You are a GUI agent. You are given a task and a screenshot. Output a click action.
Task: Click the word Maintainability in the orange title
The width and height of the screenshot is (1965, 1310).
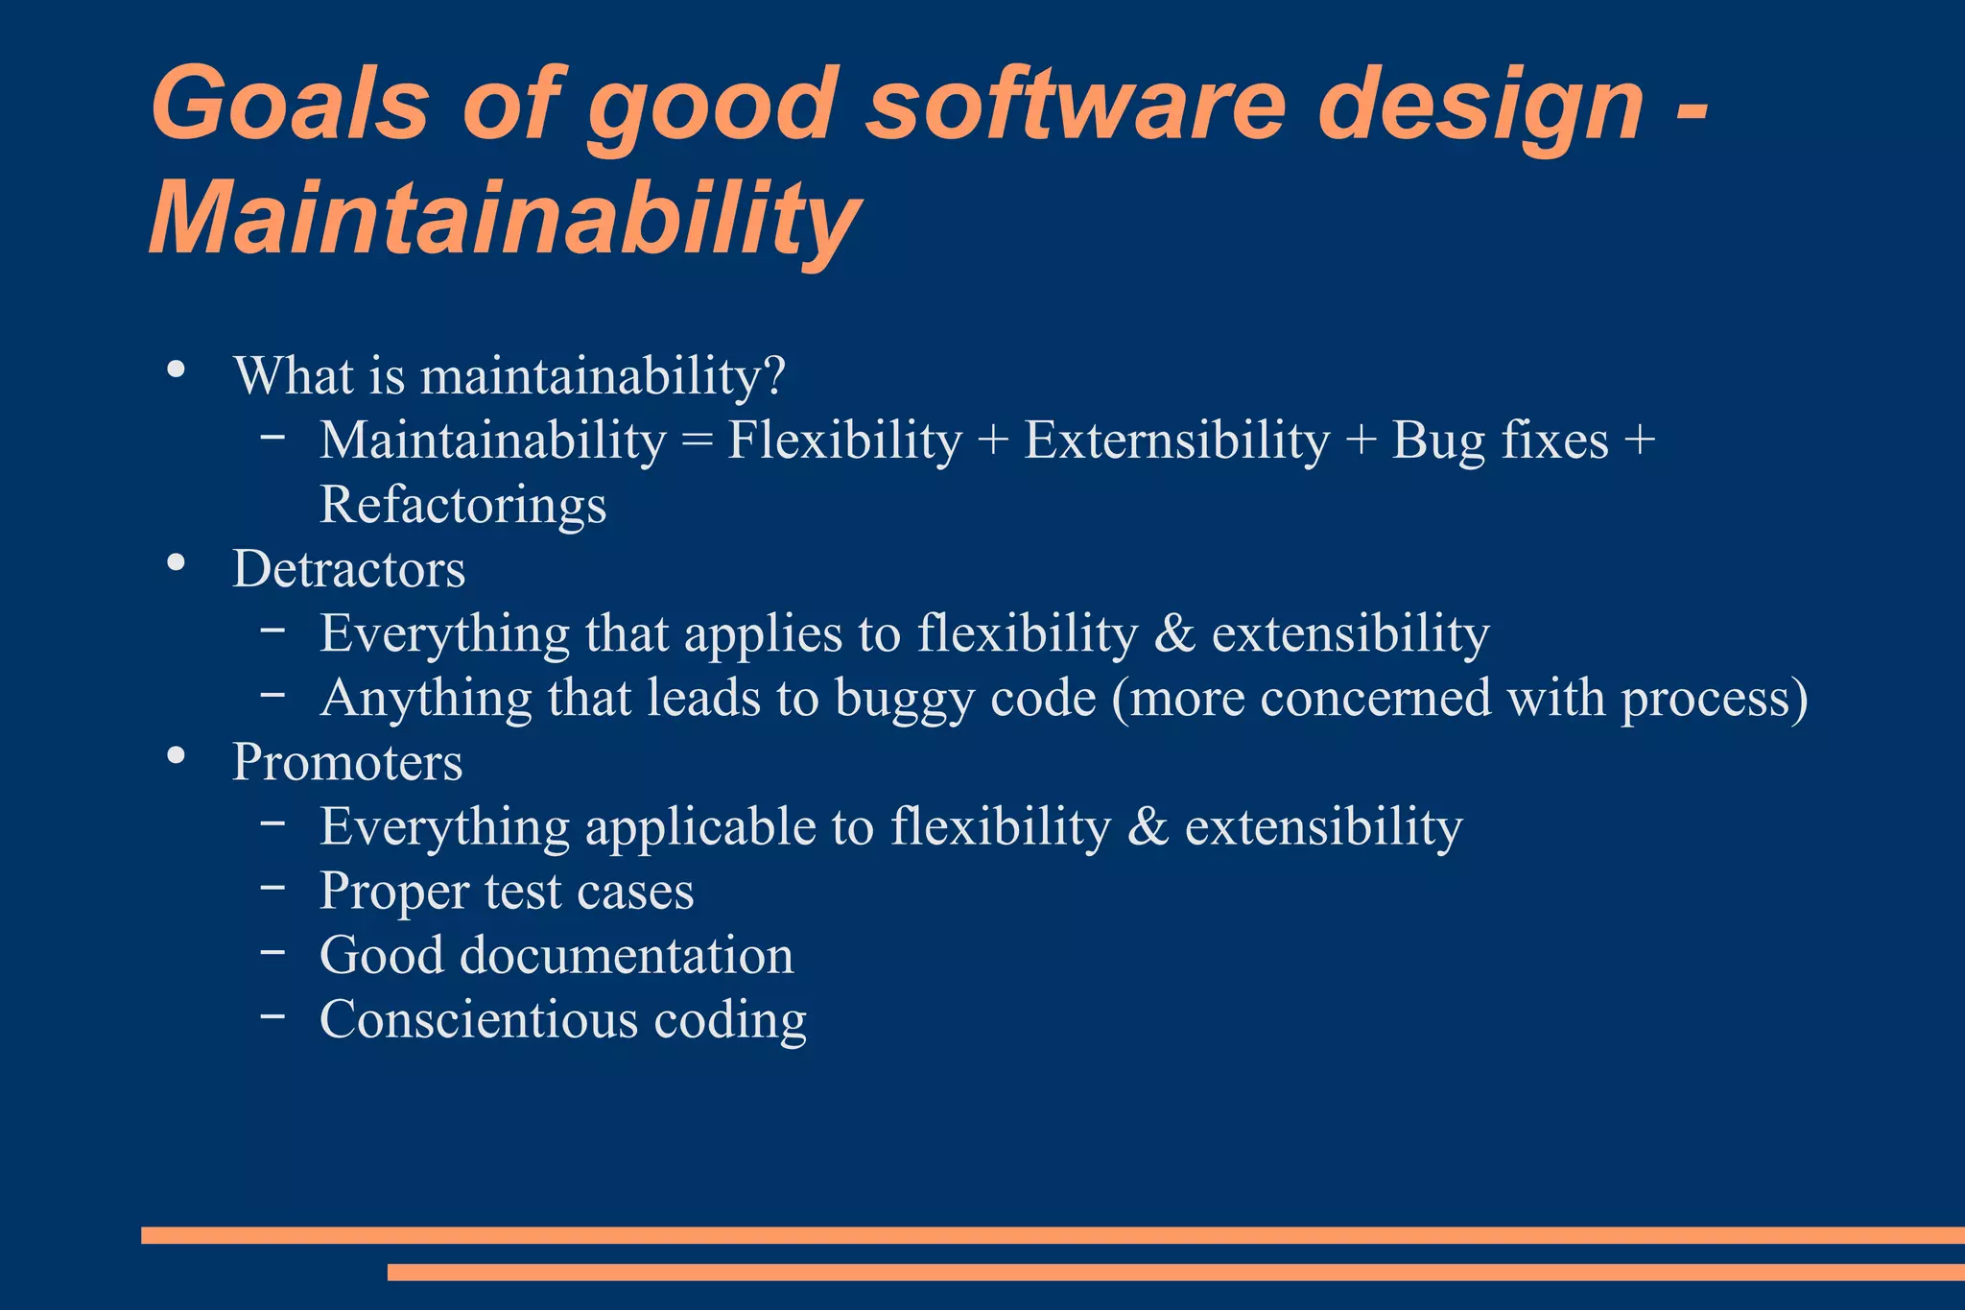click(505, 219)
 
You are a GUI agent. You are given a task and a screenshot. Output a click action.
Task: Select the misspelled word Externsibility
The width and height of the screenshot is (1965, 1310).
click(1176, 441)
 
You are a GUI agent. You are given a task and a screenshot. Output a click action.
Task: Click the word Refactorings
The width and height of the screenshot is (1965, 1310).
click(462, 505)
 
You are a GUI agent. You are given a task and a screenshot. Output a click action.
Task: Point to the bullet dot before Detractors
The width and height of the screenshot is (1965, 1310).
click(176, 563)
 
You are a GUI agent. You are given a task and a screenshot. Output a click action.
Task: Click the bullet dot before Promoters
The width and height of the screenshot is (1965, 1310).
click(176, 756)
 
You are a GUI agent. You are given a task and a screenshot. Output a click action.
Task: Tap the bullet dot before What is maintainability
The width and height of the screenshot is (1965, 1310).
click(176, 369)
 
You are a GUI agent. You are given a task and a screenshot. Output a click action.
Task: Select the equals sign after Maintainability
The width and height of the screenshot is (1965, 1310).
click(697, 442)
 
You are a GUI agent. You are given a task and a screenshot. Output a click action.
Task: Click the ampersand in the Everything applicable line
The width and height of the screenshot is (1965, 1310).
click(1148, 827)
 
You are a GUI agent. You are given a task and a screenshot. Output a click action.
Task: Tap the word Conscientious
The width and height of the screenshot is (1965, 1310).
click(478, 1019)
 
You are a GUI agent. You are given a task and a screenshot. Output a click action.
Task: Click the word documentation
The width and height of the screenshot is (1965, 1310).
click(627, 956)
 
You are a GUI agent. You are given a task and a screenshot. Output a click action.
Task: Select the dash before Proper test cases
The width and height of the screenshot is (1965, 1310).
click(272, 887)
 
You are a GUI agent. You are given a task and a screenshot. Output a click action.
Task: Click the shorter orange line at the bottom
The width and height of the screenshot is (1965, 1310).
click(1175, 1272)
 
